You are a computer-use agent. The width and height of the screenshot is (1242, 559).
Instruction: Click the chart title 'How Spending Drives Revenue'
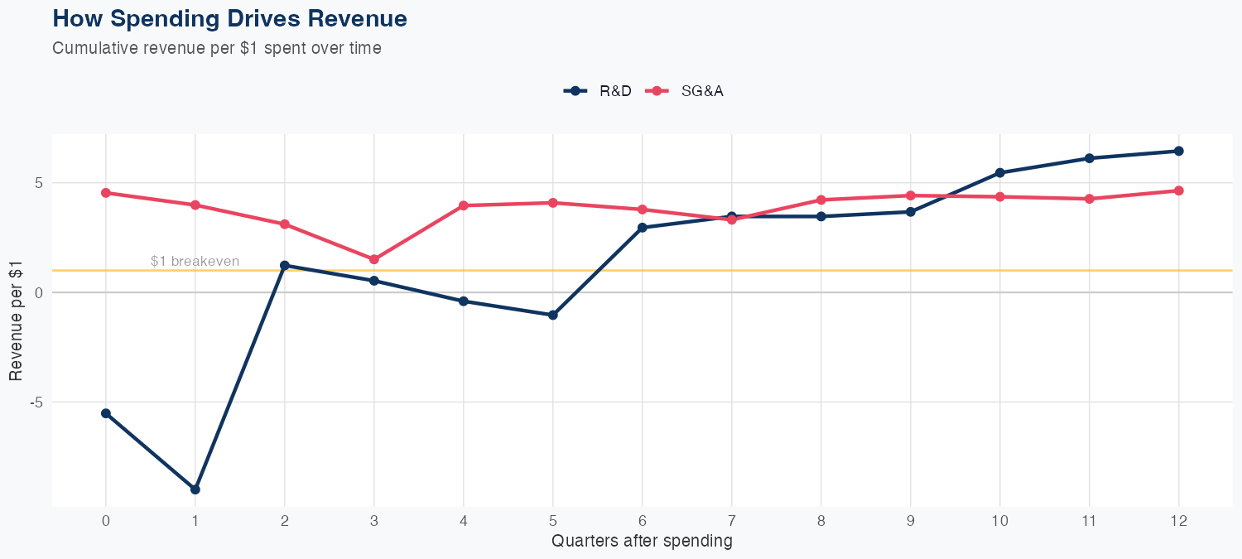(229, 18)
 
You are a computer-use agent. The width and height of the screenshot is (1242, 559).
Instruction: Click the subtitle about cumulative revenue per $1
(217, 48)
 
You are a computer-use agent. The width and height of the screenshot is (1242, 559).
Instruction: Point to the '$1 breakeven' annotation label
(195, 261)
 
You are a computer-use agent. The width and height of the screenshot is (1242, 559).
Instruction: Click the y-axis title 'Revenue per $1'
(16, 320)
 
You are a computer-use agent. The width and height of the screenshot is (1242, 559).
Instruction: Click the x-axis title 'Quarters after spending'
(642, 542)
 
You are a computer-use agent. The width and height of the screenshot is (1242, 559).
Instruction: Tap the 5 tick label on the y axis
(38, 183)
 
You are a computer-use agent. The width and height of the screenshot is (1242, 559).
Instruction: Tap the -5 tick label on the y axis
(36, 402)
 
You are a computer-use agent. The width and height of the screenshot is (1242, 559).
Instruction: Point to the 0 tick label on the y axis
(38, 292)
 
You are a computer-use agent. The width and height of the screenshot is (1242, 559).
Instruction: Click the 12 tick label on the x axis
(1178, 521)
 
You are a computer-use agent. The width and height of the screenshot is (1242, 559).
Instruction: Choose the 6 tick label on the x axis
(642, 521)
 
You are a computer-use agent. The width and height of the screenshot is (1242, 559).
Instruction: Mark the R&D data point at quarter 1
(195, 489)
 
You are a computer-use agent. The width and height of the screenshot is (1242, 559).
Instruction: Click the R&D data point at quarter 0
(106, 413)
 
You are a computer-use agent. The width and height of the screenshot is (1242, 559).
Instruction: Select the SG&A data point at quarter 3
(374, 259)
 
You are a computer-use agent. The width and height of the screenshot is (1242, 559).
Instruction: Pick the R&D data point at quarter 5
(553, 315)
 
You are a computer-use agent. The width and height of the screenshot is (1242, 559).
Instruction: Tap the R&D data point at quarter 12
(1178, 151)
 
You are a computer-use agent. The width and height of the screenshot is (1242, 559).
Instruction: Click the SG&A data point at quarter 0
(106, 193)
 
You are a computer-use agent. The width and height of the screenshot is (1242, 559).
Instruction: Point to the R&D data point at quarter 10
(999, 172)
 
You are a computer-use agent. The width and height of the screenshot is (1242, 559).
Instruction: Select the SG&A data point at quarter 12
(1178, 190)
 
